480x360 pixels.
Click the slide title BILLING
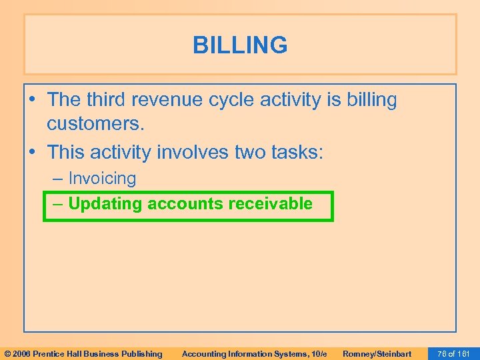click(x=240, y=45)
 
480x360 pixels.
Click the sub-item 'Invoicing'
click(x=102, y=179)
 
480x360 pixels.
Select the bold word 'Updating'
click(x=105, y=204)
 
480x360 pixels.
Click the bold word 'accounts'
click(x=185, y=203)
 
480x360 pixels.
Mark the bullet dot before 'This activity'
click(x=33, y=153)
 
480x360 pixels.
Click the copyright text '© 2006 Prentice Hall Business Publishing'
click(x=83, y=353)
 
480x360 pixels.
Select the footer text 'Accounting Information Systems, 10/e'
click(x=254, y=353)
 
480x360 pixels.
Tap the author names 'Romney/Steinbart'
click(x=377, y=353)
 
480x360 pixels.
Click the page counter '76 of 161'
click(x=454, y=353)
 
